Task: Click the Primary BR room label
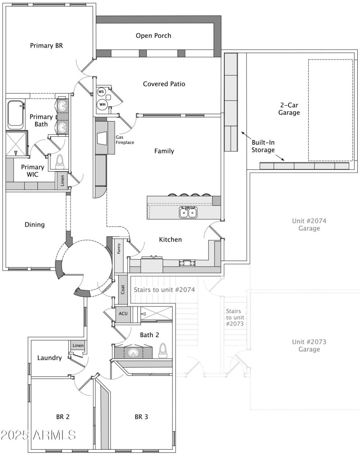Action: (45, 45)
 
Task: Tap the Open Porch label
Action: (153, 36)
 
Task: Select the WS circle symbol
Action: (101, 92)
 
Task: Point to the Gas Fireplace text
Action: (125, 140)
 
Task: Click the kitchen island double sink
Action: (188, 212)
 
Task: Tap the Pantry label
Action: (119, 249)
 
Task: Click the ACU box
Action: (123, 314)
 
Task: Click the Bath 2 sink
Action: (133, 352)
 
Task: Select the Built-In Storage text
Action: (263, 146)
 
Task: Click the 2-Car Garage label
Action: (289, 108)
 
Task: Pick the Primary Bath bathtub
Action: (16, 114)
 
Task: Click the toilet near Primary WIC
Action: (60, 163)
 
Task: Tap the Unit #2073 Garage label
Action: (309, 345)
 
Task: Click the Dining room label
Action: (35, 225)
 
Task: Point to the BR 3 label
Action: (141, 417)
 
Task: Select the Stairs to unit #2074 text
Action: (164, 290)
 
